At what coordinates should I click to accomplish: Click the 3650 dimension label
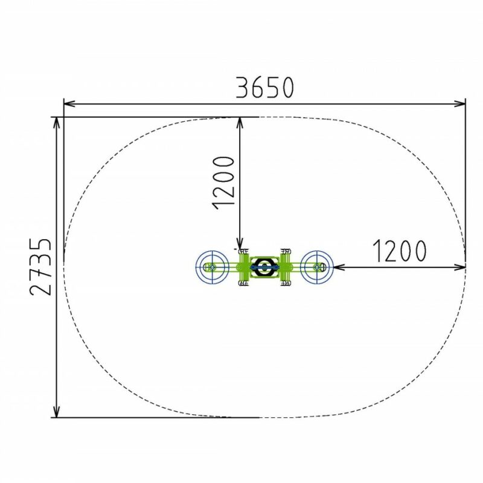(265, 88)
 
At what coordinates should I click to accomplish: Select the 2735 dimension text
(41, 267)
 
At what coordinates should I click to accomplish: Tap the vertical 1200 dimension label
(223, 183)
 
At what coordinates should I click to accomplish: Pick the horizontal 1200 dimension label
(400, 251)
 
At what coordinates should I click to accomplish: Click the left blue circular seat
(212, 267)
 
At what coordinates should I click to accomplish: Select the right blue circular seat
(316, 267)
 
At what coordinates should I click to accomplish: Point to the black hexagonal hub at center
(264, 267)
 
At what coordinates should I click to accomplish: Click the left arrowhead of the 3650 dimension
(69, 103)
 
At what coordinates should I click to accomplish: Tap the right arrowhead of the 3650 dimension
(459, 103)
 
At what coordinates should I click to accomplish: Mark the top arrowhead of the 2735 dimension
(56, 123)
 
